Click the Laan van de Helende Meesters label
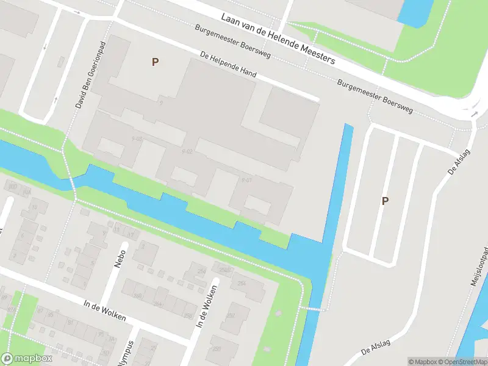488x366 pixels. [278, 39]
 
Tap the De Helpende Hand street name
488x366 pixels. [228, 64]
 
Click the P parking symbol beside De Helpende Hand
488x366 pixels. [155, 62]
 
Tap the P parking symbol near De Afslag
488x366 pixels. [385, 201]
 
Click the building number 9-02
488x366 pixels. [187, 151]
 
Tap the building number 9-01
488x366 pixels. [246, 180]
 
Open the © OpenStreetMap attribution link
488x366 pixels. [462, 362]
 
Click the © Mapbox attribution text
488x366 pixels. [422, 362]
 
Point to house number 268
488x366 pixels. [138, 295]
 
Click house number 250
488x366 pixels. [217, 348]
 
